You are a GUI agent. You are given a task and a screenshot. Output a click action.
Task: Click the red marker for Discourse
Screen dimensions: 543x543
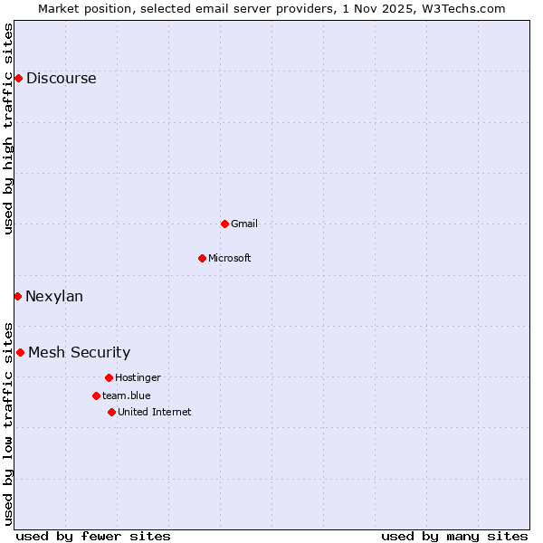coord(18,78)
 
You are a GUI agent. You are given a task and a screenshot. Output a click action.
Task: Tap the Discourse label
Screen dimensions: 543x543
coord(61,78)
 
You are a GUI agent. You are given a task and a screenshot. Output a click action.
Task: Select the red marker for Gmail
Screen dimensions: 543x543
coord(224,224)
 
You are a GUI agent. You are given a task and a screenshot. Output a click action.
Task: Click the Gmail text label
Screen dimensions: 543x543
coord(244,224)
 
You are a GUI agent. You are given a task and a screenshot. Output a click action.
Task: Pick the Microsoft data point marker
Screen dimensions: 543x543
coord(202,258)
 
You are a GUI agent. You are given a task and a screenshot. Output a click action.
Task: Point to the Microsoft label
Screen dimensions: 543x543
coord(230,258)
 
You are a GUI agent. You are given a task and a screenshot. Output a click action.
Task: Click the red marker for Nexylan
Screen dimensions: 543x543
coord(17,296)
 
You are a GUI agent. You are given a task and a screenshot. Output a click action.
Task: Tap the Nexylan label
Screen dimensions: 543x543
coord(54,296)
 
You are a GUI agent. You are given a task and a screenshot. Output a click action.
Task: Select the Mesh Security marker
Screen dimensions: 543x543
coord(20,352)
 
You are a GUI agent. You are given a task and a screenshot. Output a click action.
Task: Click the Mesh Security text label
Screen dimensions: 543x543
coord(80,352)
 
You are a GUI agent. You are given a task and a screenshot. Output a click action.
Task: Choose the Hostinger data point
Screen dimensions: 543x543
coord(109,377)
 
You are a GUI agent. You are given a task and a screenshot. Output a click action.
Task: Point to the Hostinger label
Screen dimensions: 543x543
coord(138,377)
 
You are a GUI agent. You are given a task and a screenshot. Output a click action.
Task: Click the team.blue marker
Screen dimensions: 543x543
coord(96,395)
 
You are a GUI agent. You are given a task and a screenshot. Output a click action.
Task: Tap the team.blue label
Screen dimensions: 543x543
coord(127,395)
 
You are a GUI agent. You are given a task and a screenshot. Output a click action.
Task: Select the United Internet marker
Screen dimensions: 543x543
coord(111,412)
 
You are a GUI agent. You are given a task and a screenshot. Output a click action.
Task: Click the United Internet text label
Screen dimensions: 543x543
coord(155,412)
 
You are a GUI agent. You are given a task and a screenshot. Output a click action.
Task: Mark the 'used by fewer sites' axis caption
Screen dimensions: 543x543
coord(93,536)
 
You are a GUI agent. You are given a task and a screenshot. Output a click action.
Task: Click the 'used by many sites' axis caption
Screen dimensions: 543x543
coord(454,536)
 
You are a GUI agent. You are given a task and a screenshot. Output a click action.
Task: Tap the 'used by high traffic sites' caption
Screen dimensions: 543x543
coord(9,129)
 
